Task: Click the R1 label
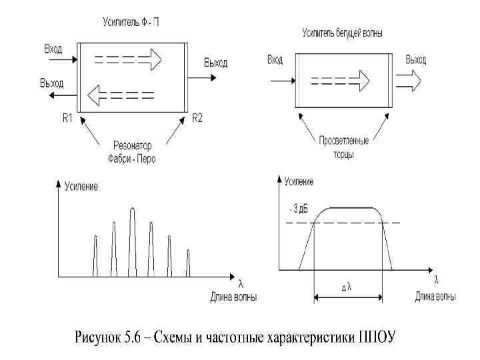tap(67, 119)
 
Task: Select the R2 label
tap(198, 119)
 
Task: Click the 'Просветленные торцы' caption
tap(344, 147)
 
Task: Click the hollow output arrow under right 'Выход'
tap(408, 81)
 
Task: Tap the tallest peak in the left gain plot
tap(132, 241)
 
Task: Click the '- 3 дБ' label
tap(299, 209)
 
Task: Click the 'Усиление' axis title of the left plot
tap(81, 186)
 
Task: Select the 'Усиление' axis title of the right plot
tap(299, 181)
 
